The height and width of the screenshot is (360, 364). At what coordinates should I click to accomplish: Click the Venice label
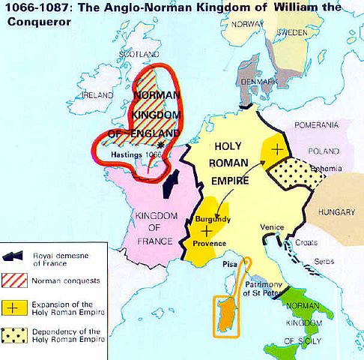point(273,226)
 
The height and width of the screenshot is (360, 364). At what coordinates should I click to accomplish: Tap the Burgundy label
point(213,219)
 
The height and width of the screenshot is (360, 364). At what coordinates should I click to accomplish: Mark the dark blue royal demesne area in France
point(172,183)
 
